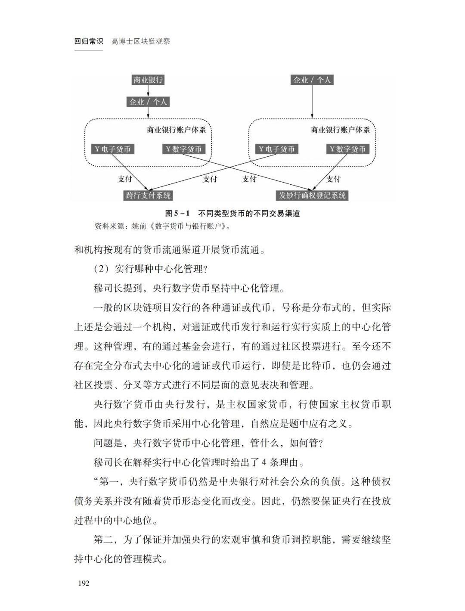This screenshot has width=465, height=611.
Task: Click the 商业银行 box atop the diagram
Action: pos(148,80)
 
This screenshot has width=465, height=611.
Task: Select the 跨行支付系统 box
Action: pos(148,195)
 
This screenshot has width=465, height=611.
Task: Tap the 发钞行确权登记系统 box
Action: pos(312,195)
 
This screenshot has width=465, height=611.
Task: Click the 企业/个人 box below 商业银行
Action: pos(148,102)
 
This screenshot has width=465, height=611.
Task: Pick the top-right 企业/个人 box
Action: pos(312,80)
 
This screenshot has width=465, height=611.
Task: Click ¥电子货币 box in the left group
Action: pos(112,149)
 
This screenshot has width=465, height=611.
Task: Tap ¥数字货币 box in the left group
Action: pos(183,149)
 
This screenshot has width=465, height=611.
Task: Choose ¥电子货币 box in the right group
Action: pos(276,149)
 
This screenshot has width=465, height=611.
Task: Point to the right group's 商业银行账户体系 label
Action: pos(340,130)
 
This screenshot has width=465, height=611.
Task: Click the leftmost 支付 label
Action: pos(125,179)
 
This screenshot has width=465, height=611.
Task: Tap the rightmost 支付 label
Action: pos(333,179)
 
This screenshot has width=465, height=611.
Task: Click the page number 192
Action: pos(84,583)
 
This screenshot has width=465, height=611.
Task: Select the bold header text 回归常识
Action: pos(89,41)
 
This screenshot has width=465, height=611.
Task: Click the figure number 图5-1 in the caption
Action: pos(177,214)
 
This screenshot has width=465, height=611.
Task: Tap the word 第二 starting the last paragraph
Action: pos(103,540)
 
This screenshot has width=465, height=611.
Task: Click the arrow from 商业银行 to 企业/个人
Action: pos(148,91)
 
